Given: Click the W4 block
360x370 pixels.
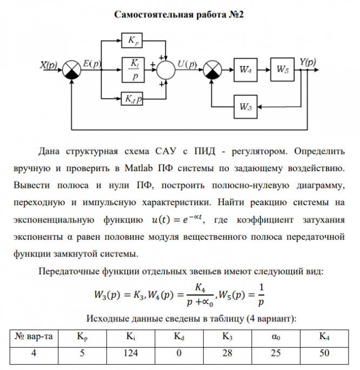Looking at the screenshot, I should pyautogui.click(x=245, y=70).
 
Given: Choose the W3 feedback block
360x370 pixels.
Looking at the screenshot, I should pyautogui.click(x=245, y=106).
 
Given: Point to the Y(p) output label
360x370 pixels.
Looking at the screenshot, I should pyautogui.click(x=308, y=62).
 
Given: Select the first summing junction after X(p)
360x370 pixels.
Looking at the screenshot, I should pyautogui.click(x=71, y=70).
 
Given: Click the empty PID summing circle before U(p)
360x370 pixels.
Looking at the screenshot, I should pyautogui.click(x=168, y=70).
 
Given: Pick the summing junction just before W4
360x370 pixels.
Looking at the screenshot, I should pyautogui.click(x=212, y=70).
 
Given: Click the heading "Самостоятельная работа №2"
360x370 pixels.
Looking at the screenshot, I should pyautogui.click(x=179, y=15).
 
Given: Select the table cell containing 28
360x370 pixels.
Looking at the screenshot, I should pyautogui.click(x=226, y=353).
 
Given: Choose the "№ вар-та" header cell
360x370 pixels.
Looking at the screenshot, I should pyautogui.click(x=34, y=337).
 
